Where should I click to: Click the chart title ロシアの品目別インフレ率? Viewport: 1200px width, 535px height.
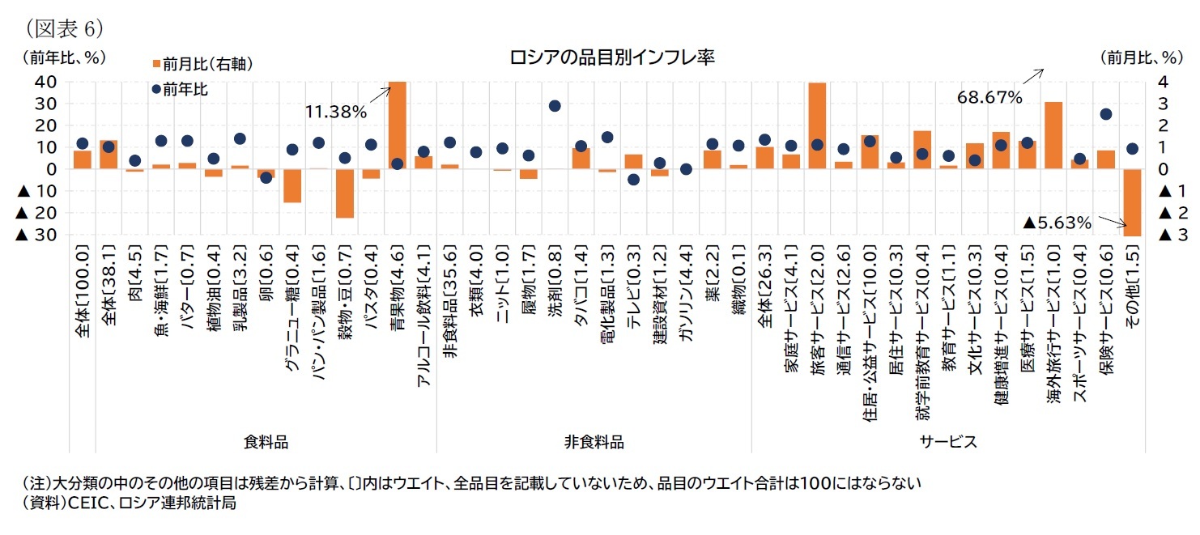(x=611, y=57)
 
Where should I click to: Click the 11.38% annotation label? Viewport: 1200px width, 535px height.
(x=336, y=113)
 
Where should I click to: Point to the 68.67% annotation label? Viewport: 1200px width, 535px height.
(x=989, y=97)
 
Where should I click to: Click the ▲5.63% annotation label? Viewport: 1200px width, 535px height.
(x=1057, y=222)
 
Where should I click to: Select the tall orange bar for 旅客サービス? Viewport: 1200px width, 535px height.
(x=817, y=125)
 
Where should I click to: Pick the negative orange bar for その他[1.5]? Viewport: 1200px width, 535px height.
(x=1132, y=202)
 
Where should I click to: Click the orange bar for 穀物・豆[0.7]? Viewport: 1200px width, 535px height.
(x=345, y=193)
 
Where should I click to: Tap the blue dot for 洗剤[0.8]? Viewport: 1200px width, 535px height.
(x=555, y=106)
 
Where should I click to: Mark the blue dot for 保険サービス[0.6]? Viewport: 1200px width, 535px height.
(x=1106, y=114)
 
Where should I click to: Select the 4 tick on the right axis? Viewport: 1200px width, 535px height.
(x=1163, y=82)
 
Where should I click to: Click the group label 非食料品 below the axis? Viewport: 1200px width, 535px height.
(x=594, y=442)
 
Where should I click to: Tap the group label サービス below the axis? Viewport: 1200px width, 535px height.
(x=947, y=442)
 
